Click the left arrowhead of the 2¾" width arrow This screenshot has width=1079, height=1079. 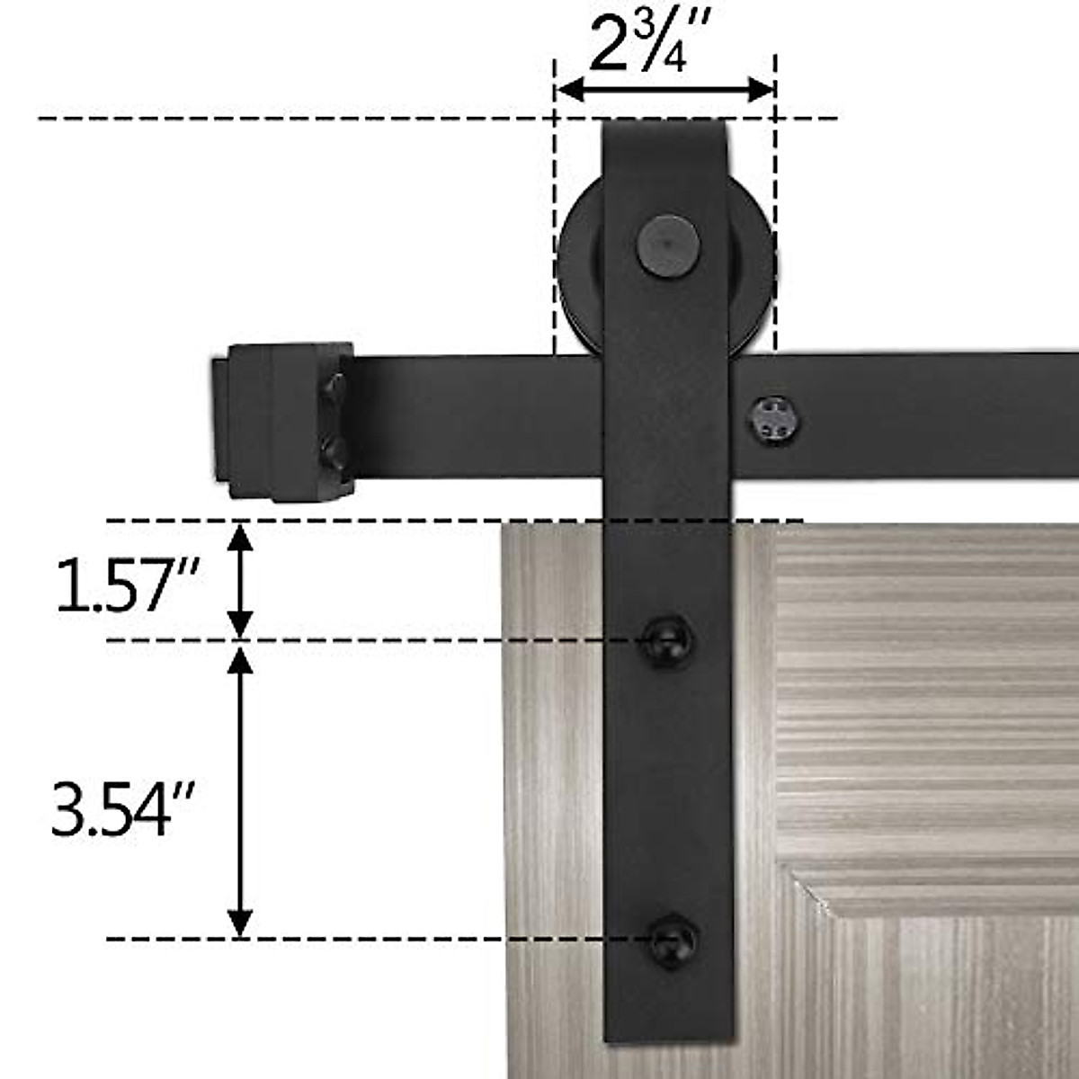click(x=566, y=90)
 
